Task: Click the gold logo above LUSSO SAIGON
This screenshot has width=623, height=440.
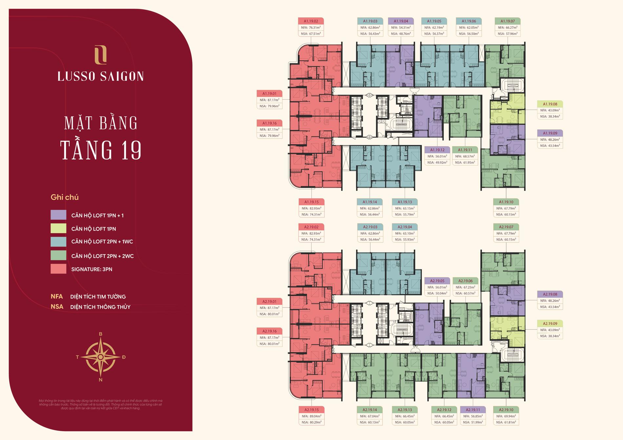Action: click(x=100, y=54)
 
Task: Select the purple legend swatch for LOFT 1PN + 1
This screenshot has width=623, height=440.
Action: click(x=58, y=215)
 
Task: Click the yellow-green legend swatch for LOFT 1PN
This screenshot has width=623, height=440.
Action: click(x=58, y=228)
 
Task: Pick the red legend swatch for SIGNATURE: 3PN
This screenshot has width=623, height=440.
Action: click(x=58, y=269)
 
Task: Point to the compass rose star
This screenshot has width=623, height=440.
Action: click(x=101, y=357)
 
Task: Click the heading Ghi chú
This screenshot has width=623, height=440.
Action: click(x=65, y=197)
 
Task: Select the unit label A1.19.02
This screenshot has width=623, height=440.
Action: click(x=311, y=21)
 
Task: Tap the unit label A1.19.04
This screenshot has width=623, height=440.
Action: click(x=401, y=21)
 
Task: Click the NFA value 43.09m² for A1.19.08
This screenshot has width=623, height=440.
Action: click(x=553, y=110)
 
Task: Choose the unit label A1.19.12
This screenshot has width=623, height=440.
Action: click(x=437, y=150)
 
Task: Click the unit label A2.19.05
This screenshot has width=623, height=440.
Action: click(x=437, y=281)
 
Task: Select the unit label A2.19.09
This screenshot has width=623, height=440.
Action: click(x=550, y=324)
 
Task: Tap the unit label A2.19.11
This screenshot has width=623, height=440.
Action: click(x=472, y=410)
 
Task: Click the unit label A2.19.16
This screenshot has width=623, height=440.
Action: click(x=269, y=331)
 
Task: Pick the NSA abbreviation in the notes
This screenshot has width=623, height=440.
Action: click(x=57, y=307)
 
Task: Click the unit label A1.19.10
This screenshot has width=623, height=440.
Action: click(x=506, y=202)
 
